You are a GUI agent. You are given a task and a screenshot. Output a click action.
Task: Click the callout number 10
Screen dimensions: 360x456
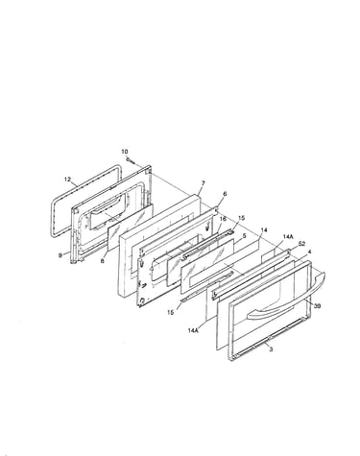tap(125, 152)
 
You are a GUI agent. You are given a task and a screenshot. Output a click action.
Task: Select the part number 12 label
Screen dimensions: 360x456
tap(67, 180)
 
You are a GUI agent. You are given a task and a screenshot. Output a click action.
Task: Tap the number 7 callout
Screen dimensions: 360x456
tap(203, 183)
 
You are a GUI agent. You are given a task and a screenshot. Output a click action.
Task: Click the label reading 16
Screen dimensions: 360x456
tap(223, 219)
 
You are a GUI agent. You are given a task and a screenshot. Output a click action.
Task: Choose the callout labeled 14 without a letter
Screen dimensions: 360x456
tap(264, 230)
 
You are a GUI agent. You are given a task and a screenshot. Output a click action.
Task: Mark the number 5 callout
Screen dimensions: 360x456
tap(245, 236)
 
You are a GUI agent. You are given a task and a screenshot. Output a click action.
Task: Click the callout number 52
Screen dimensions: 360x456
tap(301, 244)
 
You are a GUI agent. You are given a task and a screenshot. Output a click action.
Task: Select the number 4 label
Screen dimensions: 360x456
tap(309, 252)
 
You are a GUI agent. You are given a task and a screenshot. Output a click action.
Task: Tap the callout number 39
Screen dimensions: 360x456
tap(317, 306)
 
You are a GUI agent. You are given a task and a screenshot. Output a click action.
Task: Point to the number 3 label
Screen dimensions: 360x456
tap(271, 349)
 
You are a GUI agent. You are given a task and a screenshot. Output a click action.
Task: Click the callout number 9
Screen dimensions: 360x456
tap(60, 255)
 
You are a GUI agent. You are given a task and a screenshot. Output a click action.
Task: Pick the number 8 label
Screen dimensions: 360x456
tap(103, 261)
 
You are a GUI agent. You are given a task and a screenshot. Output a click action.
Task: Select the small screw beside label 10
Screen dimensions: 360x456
tap(131, 160)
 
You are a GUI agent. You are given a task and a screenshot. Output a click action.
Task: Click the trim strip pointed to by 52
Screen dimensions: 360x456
tap(252, 272)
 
